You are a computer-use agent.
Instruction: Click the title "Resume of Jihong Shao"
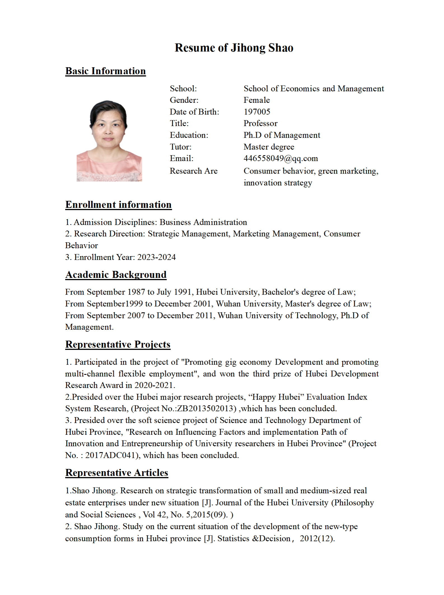234,48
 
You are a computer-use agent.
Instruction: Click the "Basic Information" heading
106,71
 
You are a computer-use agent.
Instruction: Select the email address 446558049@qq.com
281,159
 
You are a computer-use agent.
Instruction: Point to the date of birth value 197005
257,112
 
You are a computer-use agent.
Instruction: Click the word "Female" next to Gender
256,100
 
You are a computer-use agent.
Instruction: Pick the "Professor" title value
260,124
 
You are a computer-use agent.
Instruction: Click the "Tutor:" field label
181,147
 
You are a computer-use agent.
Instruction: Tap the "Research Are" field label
193,171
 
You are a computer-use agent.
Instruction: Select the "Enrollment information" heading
118,205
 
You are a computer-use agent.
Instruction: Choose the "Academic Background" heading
116,275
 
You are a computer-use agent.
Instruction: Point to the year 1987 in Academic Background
136,292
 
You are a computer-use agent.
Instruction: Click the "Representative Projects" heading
118,345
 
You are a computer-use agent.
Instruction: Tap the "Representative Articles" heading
117,473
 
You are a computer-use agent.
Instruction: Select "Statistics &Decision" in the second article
254,539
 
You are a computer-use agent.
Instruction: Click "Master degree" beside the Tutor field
269,147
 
